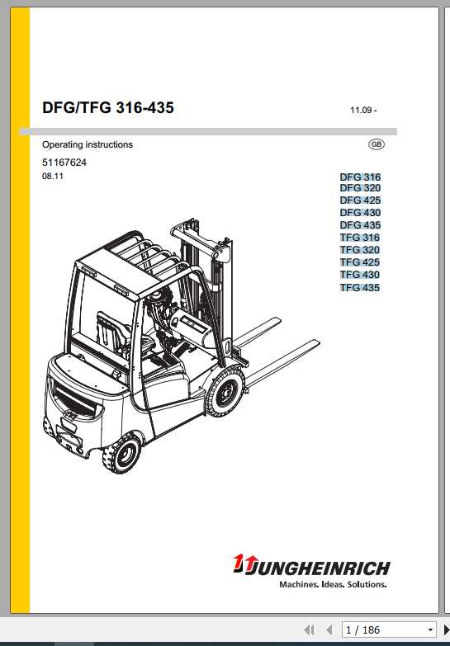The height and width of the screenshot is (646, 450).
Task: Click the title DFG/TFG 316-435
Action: (107, 107)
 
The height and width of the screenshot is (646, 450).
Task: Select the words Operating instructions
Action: (87, 144)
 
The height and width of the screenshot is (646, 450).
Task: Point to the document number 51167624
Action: (64, 163)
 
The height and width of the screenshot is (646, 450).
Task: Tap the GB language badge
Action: (377, 144)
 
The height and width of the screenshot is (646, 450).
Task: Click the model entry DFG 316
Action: (360, 177)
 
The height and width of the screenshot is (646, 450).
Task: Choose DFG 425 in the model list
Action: (360, 200)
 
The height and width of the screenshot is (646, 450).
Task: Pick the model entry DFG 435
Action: (360, 225)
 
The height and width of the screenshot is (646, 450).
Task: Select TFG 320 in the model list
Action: (360, 250)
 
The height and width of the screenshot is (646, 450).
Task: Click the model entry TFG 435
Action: (360, 288)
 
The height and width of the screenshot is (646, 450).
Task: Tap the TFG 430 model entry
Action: (360, 275)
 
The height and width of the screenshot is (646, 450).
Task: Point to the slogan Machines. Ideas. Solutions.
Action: (333, 584)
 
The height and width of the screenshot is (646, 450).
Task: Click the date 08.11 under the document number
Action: (52, 177)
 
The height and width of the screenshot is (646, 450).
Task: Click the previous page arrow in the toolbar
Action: (329, 630)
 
